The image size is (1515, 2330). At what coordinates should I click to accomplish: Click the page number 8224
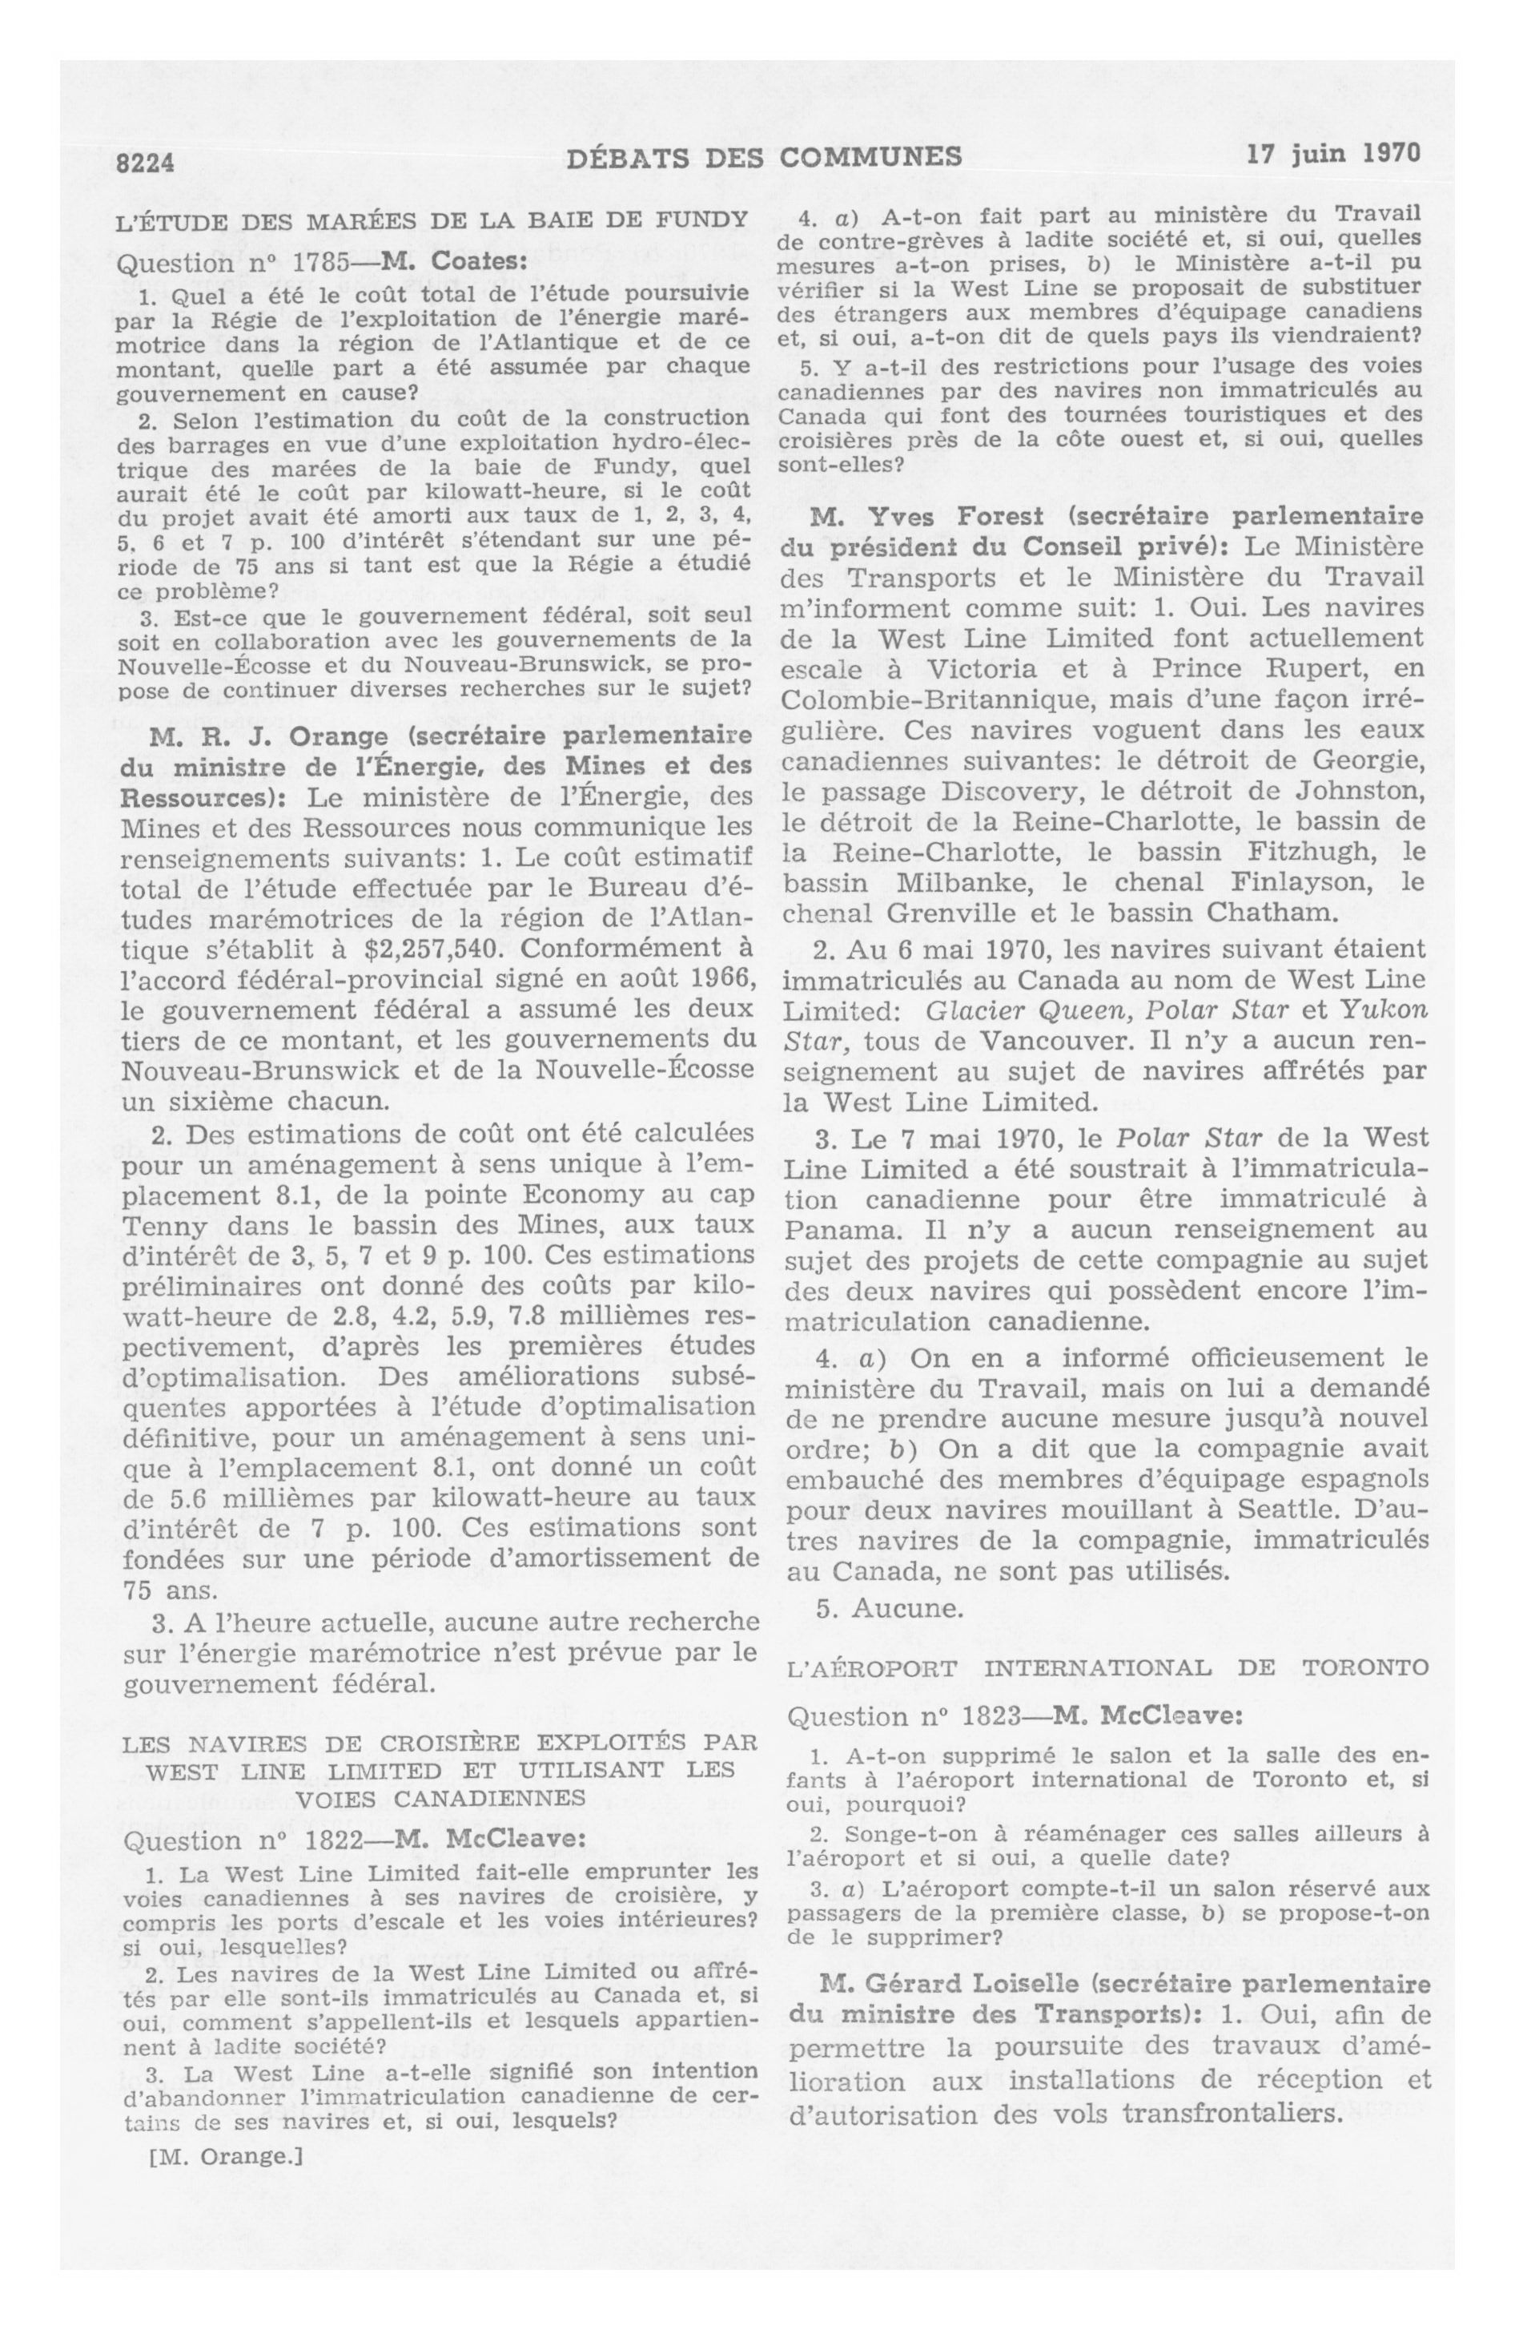tap(145, 163)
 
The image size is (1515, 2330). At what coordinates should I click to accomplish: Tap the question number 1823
tap(996, 1716)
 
